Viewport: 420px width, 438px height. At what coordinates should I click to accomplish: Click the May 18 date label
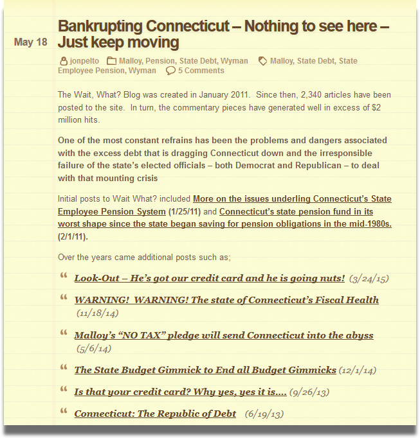30,42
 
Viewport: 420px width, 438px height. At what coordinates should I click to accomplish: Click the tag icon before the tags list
262,61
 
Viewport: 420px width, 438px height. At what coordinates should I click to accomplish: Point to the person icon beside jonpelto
62,61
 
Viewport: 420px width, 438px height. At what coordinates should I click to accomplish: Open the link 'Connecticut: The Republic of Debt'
155,414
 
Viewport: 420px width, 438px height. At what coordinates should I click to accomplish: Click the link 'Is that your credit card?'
180,391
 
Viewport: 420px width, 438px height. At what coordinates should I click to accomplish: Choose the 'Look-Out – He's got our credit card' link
209,278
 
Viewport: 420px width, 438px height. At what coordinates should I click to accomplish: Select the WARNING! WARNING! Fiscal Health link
226,300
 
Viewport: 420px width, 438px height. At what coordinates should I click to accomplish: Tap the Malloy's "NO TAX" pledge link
223,335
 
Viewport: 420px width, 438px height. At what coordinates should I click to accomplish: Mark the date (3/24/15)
369,279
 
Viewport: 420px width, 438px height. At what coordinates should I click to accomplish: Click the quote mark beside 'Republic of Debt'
64,411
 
